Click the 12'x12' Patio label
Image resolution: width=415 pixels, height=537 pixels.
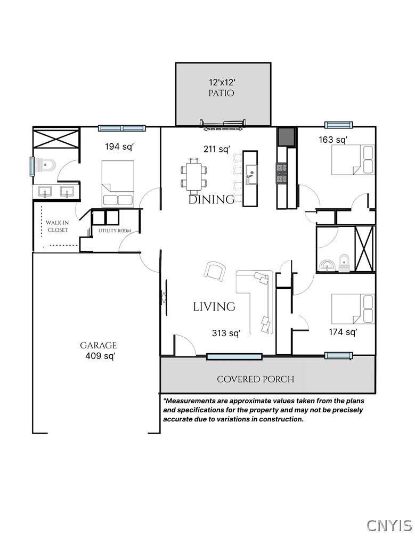(x=221, y=87)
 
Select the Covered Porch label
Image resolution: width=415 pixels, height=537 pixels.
(x=255, y=379)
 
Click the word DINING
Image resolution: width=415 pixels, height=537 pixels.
(x=211, y=200)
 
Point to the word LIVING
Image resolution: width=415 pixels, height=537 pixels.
(x=214, y=307)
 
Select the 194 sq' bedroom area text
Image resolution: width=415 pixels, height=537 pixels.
(x=118, y=145)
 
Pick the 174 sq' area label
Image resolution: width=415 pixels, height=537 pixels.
(x=343, y=332)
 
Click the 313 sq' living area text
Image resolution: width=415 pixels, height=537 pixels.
(x=226, y=333)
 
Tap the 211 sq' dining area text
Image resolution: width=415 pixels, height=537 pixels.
(x=216, y=149)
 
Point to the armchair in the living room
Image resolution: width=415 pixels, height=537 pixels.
(x=214, y=271)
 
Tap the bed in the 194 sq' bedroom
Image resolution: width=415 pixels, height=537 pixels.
(x=117, y=184)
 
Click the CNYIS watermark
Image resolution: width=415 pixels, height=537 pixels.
(x=389, y=525)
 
